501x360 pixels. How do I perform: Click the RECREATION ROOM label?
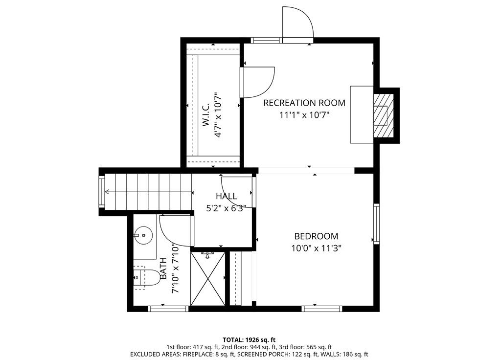(304, 103)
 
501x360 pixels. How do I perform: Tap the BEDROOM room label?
(316, 235)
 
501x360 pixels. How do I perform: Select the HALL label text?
(226, 196)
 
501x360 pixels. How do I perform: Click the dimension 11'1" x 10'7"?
(304, 115)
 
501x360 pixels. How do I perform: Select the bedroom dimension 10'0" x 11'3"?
(316, 247)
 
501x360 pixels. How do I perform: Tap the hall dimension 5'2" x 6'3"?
(226, 207)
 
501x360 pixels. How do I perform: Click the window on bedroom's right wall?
(376, 223)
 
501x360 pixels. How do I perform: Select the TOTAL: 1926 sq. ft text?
(249, 339)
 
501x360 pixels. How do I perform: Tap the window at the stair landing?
(102, 192)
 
